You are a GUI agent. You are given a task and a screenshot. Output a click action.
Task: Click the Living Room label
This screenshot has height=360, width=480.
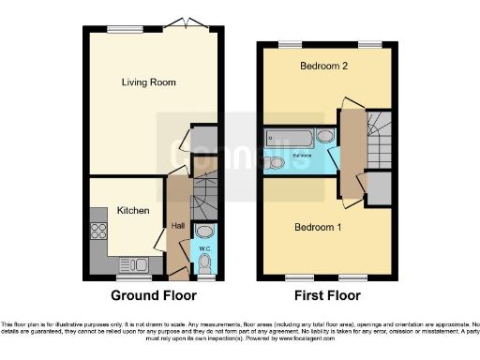coord(149,82)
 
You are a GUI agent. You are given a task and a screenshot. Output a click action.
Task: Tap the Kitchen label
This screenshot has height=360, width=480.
coord(133,211)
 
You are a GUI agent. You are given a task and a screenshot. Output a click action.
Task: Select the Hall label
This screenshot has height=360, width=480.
coord(177,226)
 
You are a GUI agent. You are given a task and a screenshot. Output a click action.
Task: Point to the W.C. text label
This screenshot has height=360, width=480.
coord(205,247)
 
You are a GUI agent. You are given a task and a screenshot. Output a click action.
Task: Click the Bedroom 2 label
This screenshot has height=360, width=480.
coord(323,67)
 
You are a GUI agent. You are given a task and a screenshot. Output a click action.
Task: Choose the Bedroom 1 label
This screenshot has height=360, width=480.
coord(319,228)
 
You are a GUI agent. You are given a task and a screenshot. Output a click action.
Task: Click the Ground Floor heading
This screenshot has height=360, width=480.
coord(151,295)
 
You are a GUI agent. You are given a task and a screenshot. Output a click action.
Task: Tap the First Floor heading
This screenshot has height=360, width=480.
coord(323,295)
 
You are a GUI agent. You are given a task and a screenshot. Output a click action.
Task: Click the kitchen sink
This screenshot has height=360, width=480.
coord(132,263)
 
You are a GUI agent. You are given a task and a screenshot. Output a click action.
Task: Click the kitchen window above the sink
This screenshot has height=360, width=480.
coord(131,277)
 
